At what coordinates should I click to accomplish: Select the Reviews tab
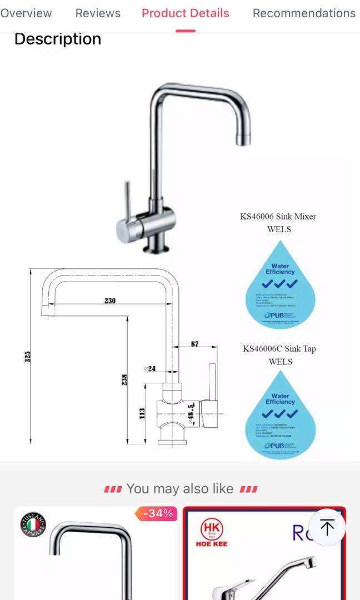(x=98, y=13)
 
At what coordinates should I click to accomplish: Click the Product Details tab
(x=185, y=13)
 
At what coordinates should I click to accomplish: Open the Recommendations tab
(x=304, y=13)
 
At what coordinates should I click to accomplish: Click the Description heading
(x=58, y=39)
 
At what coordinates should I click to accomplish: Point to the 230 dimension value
(x=110, y=301)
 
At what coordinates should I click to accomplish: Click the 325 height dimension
(x=28, y=356)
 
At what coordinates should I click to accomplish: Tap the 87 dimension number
(x=195, y=344)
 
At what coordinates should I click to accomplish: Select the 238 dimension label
(x=125, y=379)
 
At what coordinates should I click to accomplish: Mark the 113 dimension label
(x=142, y=414)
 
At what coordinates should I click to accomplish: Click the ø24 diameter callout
(x=150, y=369)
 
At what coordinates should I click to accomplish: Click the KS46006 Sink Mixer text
(x=278, y=216)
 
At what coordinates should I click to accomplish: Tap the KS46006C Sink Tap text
(x=279, y=349)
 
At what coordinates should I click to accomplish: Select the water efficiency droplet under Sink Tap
(x=281, y=415)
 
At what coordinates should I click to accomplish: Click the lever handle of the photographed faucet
(x=127, y=201)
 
